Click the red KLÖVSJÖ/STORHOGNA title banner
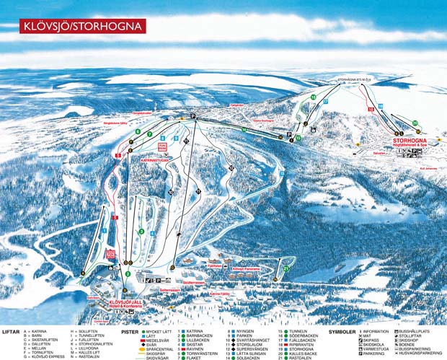point(79,27)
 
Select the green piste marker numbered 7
point(149,133)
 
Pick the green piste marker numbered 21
point(286,268)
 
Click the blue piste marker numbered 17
point(325,102)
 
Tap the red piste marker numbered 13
point(372,108)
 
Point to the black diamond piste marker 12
point(231,168)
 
